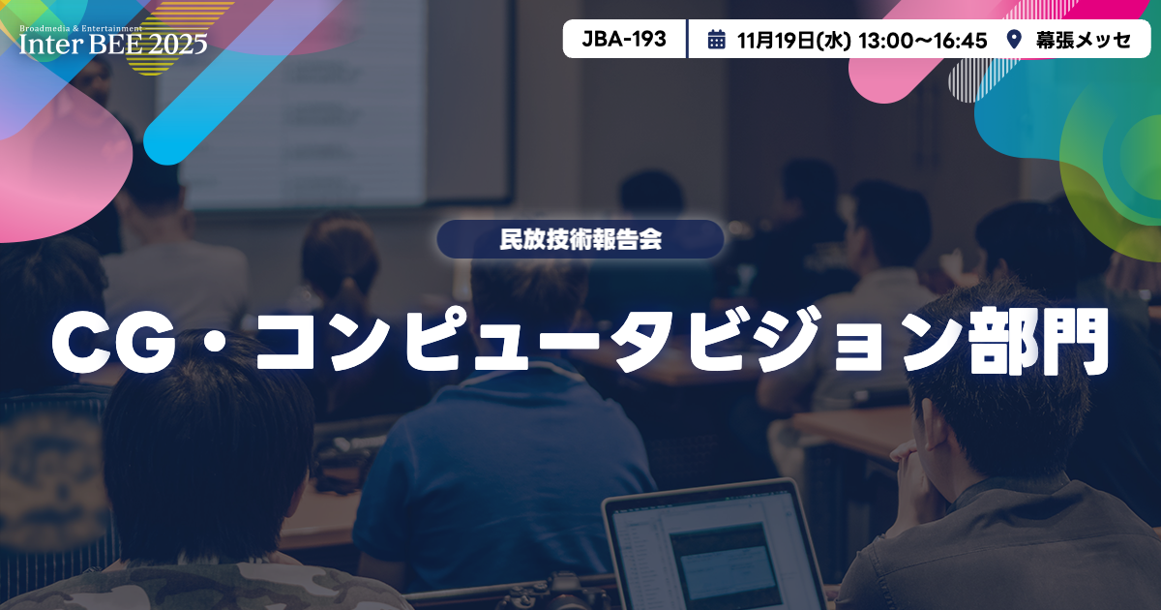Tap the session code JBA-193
pyautogui.click(x=624, y=40)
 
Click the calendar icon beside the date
pyautogui.click(x=717, y=40)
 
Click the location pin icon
pyautogui.click(x=1014, y=40)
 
